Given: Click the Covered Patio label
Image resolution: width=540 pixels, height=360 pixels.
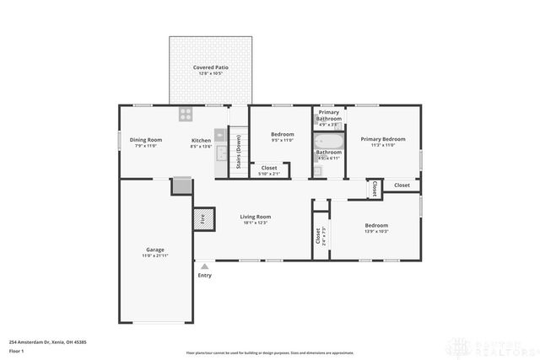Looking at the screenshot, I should pyautogui.click(x=211, y=67).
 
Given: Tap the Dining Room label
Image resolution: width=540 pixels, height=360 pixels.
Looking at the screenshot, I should pyautogui.click(x=145, y=140).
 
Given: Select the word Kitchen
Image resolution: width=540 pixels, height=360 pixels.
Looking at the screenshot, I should pyautogui.click(x=201, y=140).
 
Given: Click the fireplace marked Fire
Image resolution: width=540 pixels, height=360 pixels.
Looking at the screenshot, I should pyautogui.click(x=202, y=218).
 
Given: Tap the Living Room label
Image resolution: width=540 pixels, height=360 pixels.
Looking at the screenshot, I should pyautogui.click(x=255, y=217).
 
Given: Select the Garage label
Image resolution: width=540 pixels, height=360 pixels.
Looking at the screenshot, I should pyautogui.click(x=155, y=250).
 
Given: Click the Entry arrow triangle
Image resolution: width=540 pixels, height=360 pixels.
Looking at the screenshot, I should pyautogui.click(x=203, y=266).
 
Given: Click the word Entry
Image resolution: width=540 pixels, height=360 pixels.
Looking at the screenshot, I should pyautogui.click(x=205, y=275).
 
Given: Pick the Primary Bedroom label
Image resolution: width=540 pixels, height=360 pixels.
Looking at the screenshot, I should pyautogui.click(x=382, y=139).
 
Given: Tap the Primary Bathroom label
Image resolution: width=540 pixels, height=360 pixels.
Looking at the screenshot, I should pyautogui.click(x=329, y=116).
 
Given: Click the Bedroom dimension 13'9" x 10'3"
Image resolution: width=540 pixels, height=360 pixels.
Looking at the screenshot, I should pyautogui.click(x=376, y=231).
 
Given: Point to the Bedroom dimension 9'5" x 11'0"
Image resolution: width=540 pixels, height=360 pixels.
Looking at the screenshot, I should pyautogui.click(x=282, y=140).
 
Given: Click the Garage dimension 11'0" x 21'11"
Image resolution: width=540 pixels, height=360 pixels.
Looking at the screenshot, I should pyautogui.click(x=155, y=255).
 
